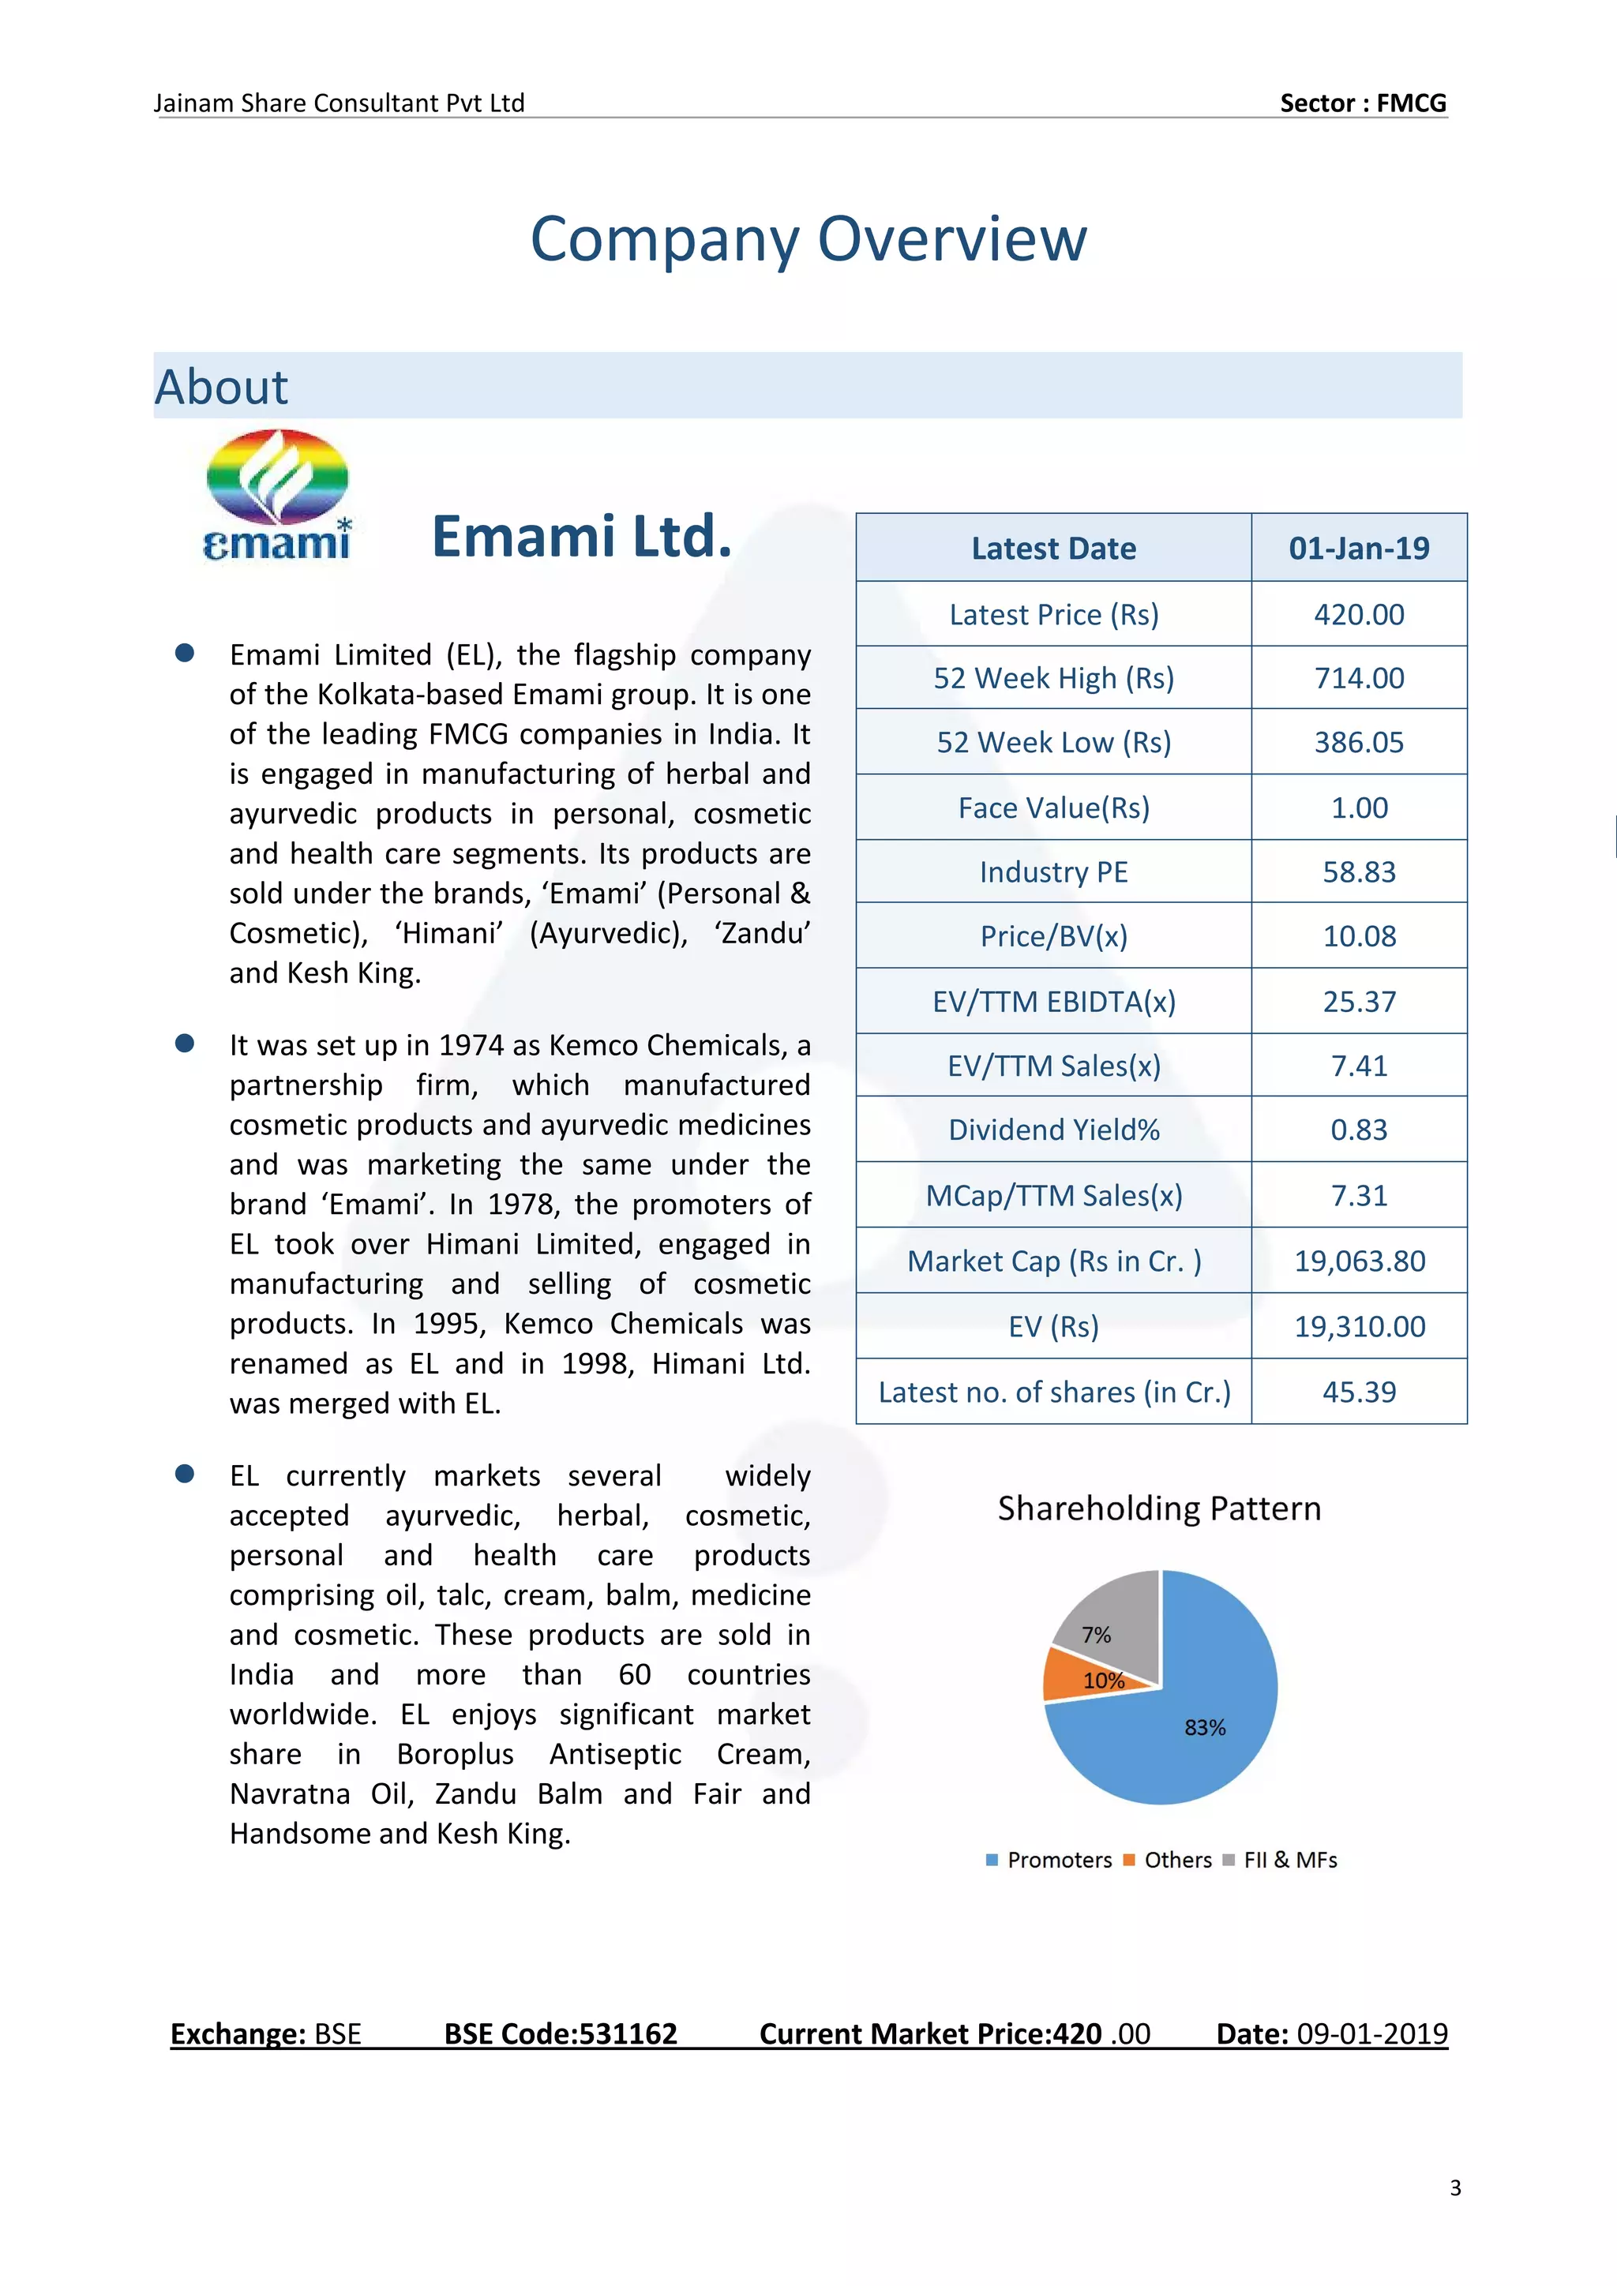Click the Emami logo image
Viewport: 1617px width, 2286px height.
tap(277, 495)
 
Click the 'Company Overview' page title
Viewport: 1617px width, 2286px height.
tap(808, 239)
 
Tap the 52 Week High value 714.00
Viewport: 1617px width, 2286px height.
tap(1358, 678)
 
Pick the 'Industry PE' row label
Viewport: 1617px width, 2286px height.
tap(1052, 872)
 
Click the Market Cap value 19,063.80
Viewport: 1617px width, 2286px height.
tap(1358, 1261)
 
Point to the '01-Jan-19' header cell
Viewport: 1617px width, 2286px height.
tap(1358, 548)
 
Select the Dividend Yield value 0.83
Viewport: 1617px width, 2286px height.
tap(1358, 1130)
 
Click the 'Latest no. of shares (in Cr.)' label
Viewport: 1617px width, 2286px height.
tap(1053, 1392)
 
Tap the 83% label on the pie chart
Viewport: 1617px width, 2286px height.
tap(1205, 1727)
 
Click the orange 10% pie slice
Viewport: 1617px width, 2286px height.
tap(1080, 1675)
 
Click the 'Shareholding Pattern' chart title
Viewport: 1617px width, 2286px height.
tap(1159, 1508)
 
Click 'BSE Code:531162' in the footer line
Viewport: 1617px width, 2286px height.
tap(561, 2033)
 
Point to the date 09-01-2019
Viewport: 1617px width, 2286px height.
tap(1371, 2033)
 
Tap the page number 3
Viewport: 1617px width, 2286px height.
tap(1454, 2187)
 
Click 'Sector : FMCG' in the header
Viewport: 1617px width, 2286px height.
tap(1362, 103)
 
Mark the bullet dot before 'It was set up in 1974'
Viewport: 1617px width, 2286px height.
tap(184, 1044)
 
